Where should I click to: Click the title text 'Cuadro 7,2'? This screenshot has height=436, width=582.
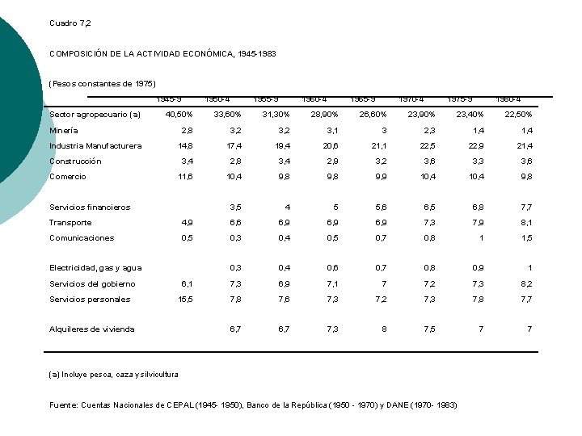tap(70, 23)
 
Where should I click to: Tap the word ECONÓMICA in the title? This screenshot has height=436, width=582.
tap(207, 54)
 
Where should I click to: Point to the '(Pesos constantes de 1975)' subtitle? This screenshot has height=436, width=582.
tap(103, 84)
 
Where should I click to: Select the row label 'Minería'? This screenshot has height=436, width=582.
tap(64, 130)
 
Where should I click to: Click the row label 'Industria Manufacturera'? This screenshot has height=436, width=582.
tap(95, 145)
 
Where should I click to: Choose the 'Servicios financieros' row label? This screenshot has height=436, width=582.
tap(90, 208)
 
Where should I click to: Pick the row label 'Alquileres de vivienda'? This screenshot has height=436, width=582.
tap(92, 329)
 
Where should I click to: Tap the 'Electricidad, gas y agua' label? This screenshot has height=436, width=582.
tap(95, 268)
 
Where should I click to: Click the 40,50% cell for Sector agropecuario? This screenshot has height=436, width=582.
tap(179, 115)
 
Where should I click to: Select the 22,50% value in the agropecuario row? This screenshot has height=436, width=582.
tap(517, 115)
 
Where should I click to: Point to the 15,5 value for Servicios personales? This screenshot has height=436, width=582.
tap(185, 300)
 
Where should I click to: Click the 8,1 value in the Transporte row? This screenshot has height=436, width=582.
tap(527, 223)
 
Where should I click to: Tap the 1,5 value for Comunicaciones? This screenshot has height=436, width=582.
tap(527, 238)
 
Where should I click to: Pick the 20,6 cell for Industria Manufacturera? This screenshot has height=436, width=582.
tap(331, 146)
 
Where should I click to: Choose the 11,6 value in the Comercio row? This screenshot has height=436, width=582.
tap(185, 177)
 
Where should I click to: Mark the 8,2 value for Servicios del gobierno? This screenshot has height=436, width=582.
tap(527, 284)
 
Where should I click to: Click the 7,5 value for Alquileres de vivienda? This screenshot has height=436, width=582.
tap(429, 329)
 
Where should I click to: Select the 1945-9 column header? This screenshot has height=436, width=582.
tap(169, 99)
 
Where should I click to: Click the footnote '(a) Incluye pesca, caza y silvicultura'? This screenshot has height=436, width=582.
tap(114, 374)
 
